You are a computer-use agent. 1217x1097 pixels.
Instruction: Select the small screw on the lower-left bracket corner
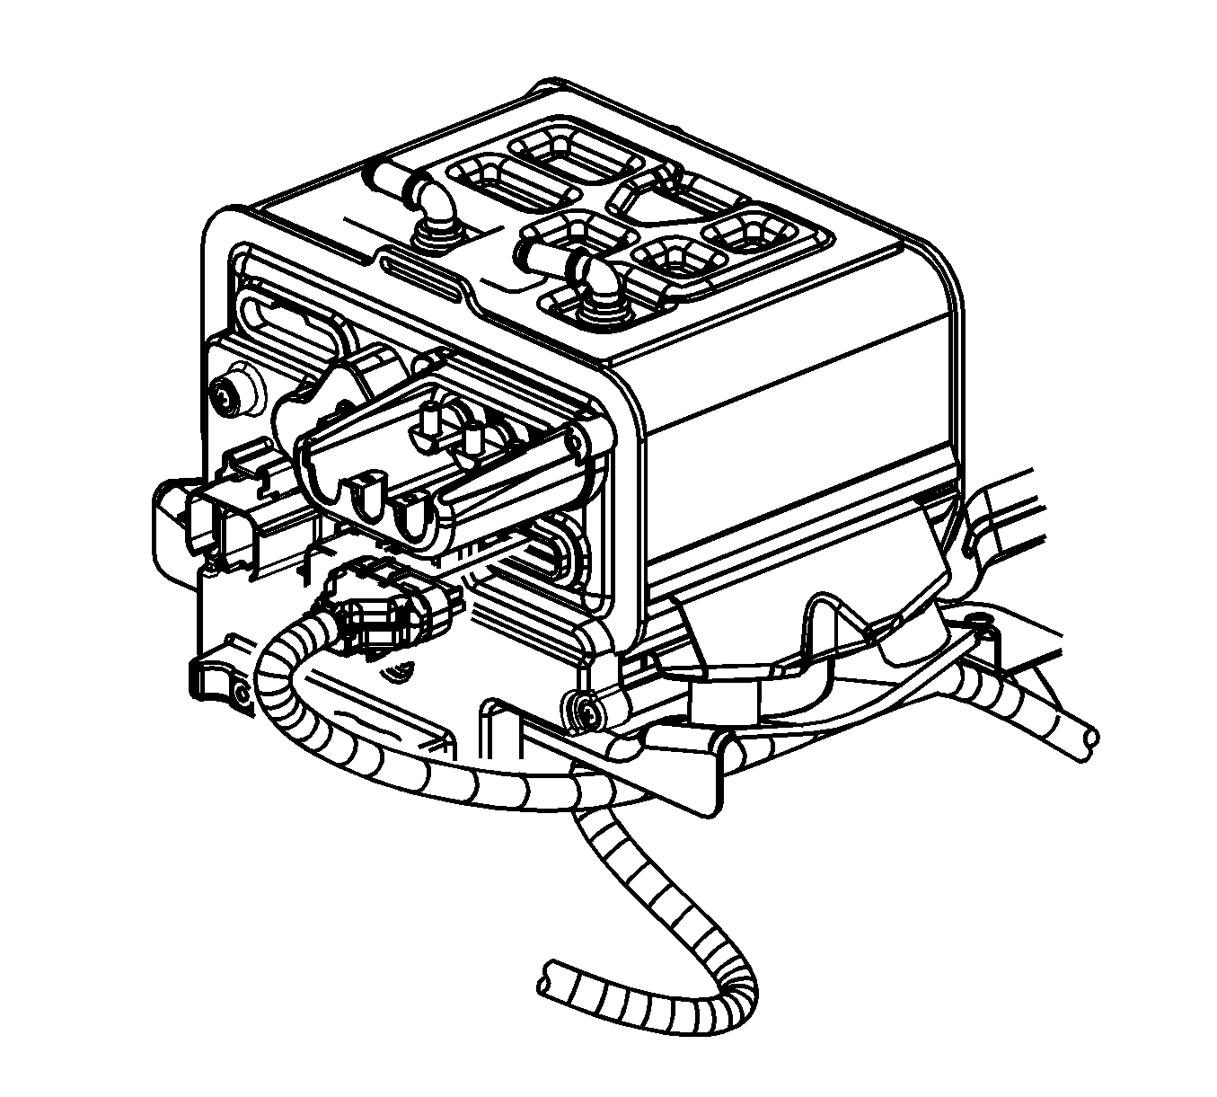click(x=241, y=693)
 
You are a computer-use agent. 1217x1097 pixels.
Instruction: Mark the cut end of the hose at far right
click(x=1090, y=735)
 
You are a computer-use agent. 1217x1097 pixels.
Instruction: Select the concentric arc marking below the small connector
click(x=401, y=669)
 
